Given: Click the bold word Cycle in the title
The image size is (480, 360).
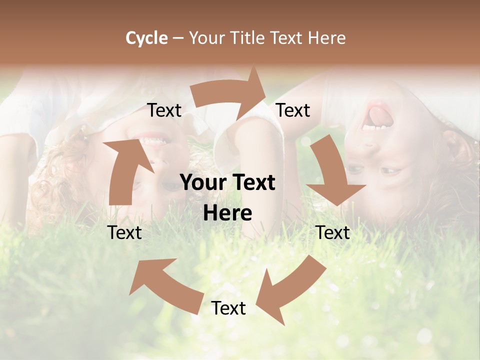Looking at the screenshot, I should [x=146, y=38].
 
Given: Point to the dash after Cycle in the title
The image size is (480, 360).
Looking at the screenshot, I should [x=178, y=38].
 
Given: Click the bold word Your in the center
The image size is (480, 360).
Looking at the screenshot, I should [x=202, y=182].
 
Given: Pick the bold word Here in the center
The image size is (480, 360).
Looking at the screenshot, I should [x=227, y=213].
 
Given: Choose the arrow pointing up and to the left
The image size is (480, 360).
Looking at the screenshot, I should [x=165, y=282].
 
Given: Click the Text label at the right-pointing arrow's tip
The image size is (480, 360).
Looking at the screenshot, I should [x=293, y=110].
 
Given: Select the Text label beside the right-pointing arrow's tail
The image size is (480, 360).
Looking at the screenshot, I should [x=164, y=110].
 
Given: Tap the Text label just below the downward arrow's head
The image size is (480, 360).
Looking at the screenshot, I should [x=333, y=232].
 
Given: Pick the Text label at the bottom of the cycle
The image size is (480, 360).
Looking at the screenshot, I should [x=228, y=308].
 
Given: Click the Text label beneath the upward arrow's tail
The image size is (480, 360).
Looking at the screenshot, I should [x=124, y=232].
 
